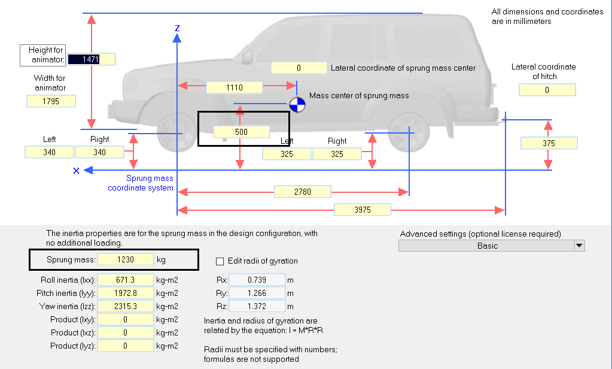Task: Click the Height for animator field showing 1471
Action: click(91, 59)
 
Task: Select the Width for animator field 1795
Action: click(51, 101)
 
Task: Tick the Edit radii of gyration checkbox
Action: click(220, 261)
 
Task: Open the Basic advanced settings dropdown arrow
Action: click(578, 246)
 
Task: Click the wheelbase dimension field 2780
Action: click(302, 192)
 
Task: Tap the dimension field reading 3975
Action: click(362, 210)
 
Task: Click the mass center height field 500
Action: click(242, 132)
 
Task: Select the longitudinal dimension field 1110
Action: click(234, 87)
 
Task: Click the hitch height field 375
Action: click(549, 143)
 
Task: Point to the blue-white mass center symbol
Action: click(297, 105)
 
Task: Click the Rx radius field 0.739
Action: click(257, 280)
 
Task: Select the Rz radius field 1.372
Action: click(257, 306)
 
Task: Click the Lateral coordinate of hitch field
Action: click(547, 90)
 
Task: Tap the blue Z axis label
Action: click(177, 28)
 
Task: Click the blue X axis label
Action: click(76, 171)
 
